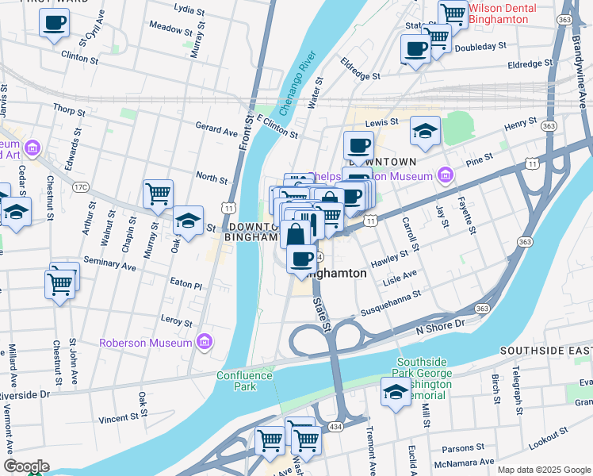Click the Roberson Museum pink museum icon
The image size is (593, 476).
point(205,342)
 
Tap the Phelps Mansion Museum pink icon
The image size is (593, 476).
point(445,175)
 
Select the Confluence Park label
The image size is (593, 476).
point(245,381)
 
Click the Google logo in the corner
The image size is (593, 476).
point(25,466)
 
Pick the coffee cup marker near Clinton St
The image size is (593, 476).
point(54,24)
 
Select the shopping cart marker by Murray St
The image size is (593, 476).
point(159,193)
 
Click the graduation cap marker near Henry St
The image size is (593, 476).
point(426,131)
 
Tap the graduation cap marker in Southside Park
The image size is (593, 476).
point(396,392)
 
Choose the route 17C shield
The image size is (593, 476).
point(80,187)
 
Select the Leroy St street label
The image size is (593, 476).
point(176,322)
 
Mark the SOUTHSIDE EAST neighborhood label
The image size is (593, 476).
point(545,351)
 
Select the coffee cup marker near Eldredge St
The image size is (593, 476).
point(415,49)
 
